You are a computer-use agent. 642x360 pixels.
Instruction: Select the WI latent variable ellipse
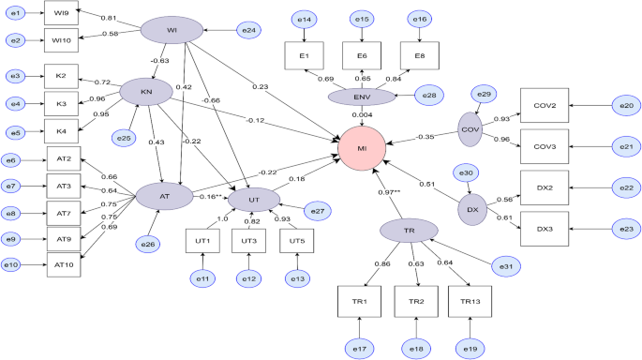tap(172, 31)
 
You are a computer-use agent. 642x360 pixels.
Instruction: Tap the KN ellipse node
tap(145, 91)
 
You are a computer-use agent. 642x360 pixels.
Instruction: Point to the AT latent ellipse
tap(164, 196)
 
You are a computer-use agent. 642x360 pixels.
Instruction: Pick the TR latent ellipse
tap(411, 230)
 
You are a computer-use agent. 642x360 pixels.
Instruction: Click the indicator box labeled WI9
tap(58, 15)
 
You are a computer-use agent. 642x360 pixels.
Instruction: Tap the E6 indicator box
tap(362, 56)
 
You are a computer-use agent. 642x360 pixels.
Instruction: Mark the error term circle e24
tap(248, 31)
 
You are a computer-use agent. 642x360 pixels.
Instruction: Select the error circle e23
tap(625, 229)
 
